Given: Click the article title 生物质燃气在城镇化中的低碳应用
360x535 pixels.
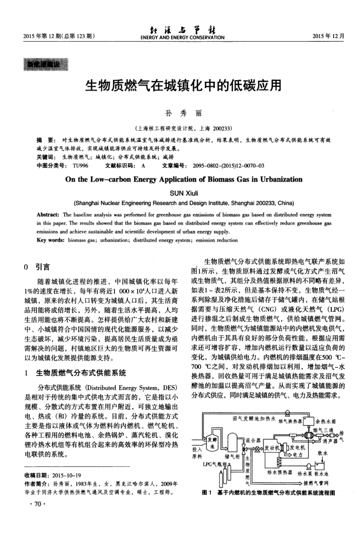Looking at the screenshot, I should [x=180, y=84].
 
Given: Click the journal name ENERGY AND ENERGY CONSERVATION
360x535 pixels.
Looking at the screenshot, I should [x=179, y=37].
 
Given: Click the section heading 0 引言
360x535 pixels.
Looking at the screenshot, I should [x=37, y=267].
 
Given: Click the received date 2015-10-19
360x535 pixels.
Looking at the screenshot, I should [x=64, y=475].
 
